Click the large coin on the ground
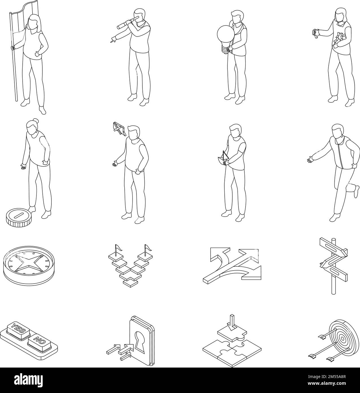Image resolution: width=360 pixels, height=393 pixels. click(18, 217)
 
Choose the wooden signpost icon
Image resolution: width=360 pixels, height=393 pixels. click(333, 265)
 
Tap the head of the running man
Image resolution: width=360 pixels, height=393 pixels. click(337, 131)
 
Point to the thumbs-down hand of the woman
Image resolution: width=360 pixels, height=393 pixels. click(314, 34)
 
